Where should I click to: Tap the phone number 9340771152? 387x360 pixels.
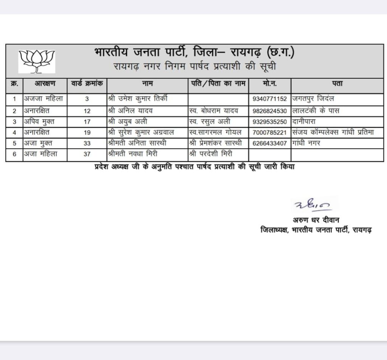click(x=270, y=99)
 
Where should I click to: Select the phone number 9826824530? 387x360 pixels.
click(x=270, y=111)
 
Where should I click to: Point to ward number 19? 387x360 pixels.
click(x=87, y=133)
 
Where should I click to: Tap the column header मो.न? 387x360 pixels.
click(x=270, y=83)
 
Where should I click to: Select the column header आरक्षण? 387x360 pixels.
click(x=45, y=83)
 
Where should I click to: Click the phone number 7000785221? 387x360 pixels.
click(x=270, y=133)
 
